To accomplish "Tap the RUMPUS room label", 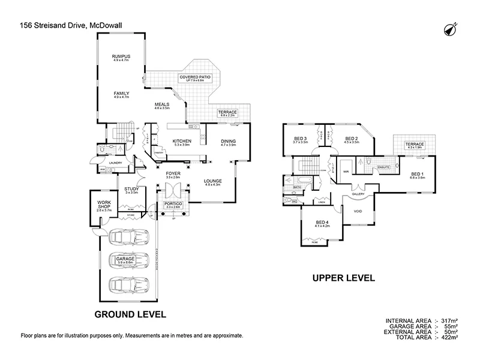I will [121, 57].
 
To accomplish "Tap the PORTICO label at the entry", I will [173, 204].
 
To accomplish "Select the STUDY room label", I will [131, 189].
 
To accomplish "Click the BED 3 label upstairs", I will [301, 139].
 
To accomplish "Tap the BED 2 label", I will [351, 139].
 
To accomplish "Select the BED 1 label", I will [416, 173].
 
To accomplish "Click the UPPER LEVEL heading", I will [343, 278].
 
